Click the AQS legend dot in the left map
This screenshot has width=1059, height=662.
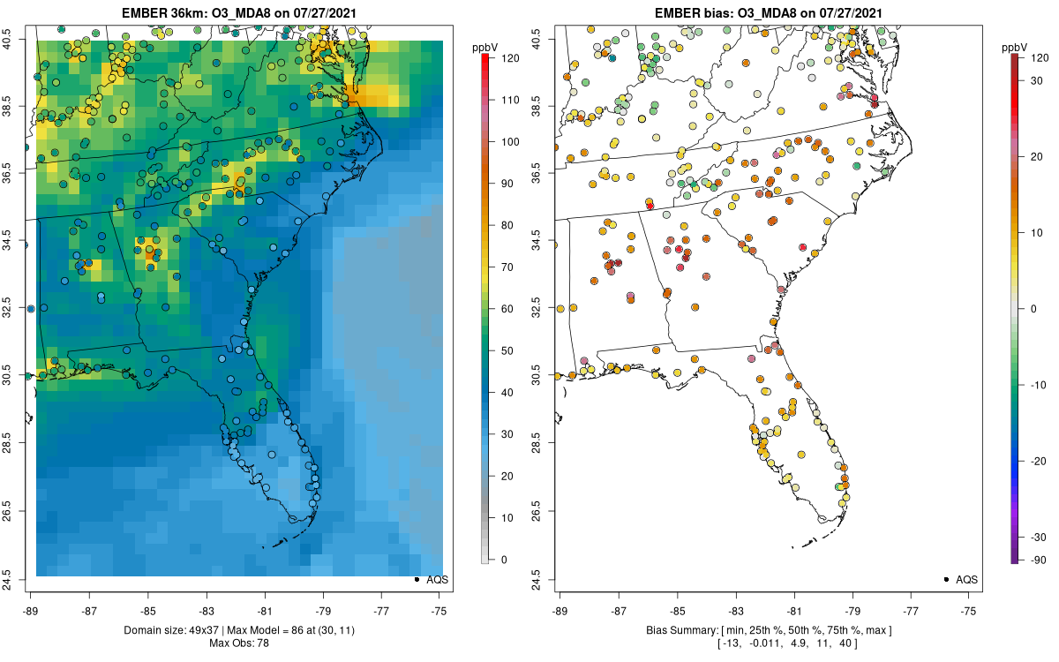pyautogui.click(x=416, y=579)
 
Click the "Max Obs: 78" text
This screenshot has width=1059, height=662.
pyautogui.click(x=239, y=643)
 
